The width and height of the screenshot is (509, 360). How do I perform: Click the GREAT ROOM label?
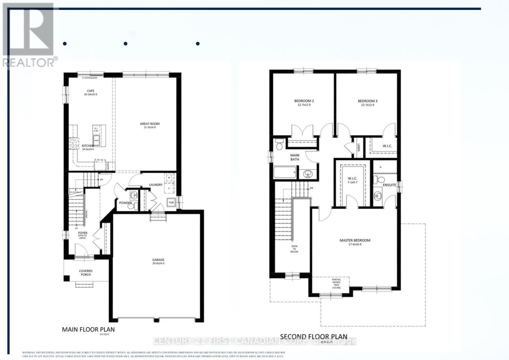(150, 124)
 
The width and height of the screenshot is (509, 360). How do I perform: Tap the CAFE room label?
(90, 91)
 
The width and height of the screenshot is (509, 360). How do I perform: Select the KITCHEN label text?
(87, 146)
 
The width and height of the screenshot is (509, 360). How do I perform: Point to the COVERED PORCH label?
(86, 273)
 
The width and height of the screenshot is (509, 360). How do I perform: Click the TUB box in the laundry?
(171, 202)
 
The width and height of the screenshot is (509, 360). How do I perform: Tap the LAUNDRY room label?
(156, 185)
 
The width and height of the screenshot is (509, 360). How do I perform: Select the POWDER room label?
(125, 203)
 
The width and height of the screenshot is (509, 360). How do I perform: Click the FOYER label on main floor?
(83, 233)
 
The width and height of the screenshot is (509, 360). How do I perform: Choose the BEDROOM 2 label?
(304, 101)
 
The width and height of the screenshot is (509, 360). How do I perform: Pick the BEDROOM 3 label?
(367, 101)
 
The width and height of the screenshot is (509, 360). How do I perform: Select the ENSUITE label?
(389, 185)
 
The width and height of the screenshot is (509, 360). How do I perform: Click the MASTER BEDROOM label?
(355, 240)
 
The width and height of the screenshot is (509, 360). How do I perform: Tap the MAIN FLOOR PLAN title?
(88, 329)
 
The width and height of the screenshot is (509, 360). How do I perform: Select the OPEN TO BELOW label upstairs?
(294, 249)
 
